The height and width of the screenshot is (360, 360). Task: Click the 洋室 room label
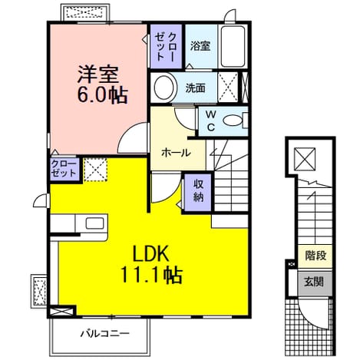97,74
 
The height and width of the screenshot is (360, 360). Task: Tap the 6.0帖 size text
102,95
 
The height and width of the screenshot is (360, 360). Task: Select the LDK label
150,253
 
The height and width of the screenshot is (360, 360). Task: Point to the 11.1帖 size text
151,275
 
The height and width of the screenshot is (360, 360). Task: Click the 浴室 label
200,46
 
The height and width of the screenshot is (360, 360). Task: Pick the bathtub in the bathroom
233,46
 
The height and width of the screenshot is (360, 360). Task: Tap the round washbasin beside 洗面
164,88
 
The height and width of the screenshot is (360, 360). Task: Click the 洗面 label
196,88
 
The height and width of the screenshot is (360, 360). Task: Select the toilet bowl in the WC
233,121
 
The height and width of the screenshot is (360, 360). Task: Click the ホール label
176,153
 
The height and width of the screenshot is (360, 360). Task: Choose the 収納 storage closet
198,193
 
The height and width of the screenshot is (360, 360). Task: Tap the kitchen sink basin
94,223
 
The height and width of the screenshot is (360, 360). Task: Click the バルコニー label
105,334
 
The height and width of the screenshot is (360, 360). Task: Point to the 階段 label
315,256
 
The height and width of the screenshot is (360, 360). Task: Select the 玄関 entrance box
315,282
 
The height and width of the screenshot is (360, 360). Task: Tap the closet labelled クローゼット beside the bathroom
166,46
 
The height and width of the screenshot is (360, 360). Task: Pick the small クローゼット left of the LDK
64,169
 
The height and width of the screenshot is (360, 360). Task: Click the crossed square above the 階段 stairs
305,159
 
